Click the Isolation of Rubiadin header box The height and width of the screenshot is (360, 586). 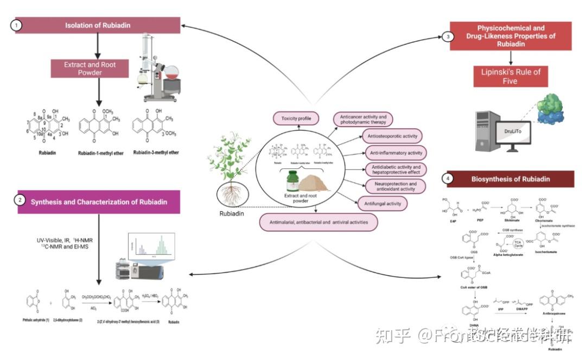pos(98,26)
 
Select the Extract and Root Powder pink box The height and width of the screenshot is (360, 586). pos(90,68)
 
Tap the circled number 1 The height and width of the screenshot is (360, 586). pos(17,25)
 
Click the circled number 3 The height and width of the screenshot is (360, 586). pos(447,37)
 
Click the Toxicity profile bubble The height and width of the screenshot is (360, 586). pos(296,118)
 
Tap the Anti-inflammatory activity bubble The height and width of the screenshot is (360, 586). pos(393,153)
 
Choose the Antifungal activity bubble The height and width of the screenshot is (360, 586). pos(381,204)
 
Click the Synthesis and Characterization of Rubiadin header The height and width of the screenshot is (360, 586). pos(98,202)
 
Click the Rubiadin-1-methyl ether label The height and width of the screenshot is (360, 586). pos(98,153)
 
